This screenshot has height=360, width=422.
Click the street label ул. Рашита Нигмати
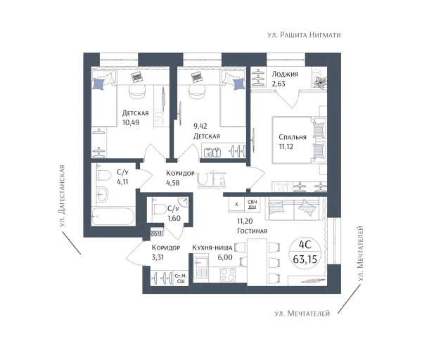pyautogui.click(x=304, y=35)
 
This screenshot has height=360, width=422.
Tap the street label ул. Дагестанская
pyautogui.click(x=62, y=195)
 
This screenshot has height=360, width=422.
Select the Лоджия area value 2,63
pyautogui.click(x=279, y=84)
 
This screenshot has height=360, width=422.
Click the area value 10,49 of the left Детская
pyautogui.click(x=131, y=122)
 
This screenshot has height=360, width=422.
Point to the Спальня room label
pyautogui.click(x=293, y=137)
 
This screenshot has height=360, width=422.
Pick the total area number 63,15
pyautogui.click(x=305, y=259)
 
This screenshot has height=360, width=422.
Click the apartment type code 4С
pyautogui.click(x=305, y=245)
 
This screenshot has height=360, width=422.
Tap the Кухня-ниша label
pyautogui.click(x=212, y=247)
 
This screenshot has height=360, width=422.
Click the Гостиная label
pyautogui.click(x=252, y=231)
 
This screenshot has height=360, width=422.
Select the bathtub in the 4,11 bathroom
pyautogui.click(x=113, y=216)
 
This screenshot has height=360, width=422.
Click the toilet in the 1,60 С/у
pyautogui.click(x=160, y=210)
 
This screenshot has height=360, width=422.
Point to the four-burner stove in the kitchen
pyautogui.click(x=228, y=274)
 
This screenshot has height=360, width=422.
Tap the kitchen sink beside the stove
pyautogui.click(x=200, y=267)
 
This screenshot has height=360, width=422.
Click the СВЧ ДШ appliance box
pyautogui.click(x=252, y=205)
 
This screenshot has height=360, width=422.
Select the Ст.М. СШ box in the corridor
pyautogui.click(x=181, y=278)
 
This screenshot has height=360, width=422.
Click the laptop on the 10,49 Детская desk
pyautogui.click(x=137, y=77)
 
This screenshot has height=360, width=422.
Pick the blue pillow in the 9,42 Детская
pyautogui.click(x=239, y=84)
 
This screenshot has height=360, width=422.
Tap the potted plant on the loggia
pyautogui.click(x=320, y=81)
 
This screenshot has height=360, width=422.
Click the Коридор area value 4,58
pyautogui.click(x=173, y=183)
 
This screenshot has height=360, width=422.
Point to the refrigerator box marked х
pyautogui.click(x=236, y=205)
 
